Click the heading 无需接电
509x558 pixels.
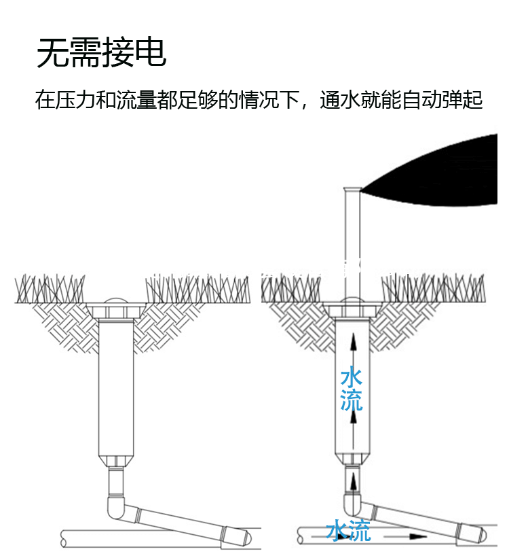[x=101, y=53]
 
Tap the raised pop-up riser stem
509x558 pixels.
[x=352, y=245]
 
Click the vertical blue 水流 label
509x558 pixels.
[x=352, y=389]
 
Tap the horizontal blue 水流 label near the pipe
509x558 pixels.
[x=349, y=530]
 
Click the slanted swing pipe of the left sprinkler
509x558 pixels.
[x=183, y=524]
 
